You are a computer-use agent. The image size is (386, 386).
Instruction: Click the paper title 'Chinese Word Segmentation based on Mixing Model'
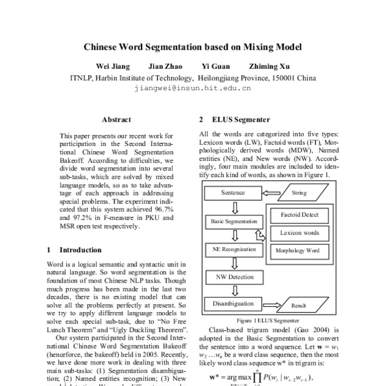click(x=193, y=47)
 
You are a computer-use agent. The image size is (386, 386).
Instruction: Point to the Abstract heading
click(x=116, y=120)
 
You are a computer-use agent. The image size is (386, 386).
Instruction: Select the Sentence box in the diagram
click(x=233, y=192)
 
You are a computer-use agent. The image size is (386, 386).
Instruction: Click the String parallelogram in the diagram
click(x=299, y=192)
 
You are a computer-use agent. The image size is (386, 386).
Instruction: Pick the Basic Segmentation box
click(x=233, y=221)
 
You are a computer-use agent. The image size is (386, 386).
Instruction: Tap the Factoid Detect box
click(x=300, y=214)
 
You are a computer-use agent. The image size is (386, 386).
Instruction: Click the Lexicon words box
click(x=300, y=232)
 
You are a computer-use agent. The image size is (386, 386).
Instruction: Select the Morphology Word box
click(x=297, y=250)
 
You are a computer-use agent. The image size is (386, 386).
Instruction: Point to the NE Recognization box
click(x=233, y=249)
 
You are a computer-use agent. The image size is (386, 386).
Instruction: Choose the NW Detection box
click(x=233, y=276)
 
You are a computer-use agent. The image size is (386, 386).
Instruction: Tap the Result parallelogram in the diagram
click(x=298, y=306)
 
